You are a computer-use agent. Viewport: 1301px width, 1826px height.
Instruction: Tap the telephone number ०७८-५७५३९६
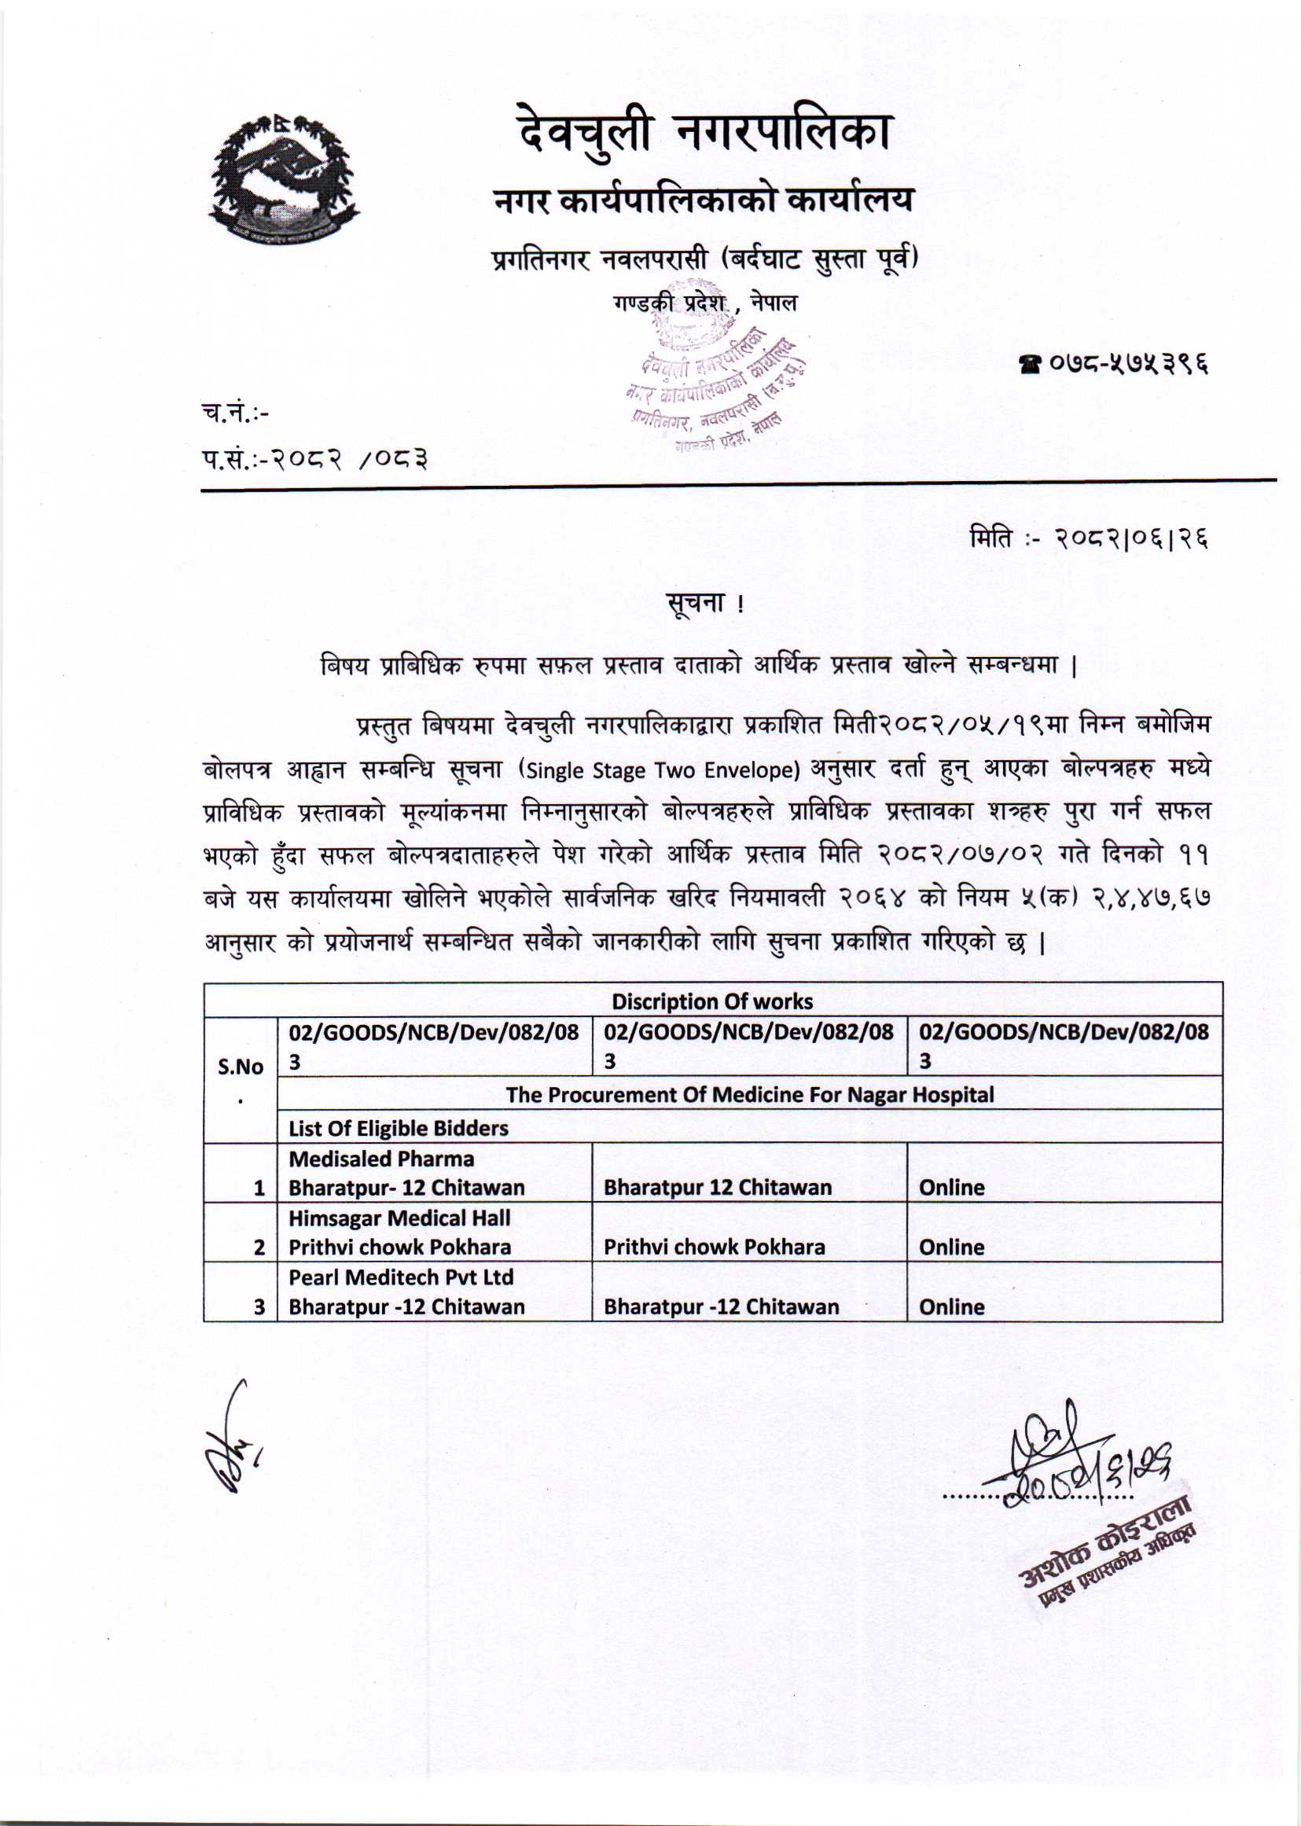click(x=1112, y=365)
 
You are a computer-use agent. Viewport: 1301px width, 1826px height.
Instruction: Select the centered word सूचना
click(x=698, y=602)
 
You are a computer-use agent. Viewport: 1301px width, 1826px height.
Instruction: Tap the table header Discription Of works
click(x=711, y=1001)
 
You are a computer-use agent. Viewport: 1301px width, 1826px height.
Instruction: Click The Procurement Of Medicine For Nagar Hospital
click(x=749, y=1094)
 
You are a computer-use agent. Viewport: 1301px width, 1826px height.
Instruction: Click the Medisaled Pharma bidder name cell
click(x=406, y=1173)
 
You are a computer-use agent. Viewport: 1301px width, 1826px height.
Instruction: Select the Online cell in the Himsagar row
click(x=951, y=1246)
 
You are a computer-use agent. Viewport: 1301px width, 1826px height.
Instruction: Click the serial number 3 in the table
click(x=259, y=1306)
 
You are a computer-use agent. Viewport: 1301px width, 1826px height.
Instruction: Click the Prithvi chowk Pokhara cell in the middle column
click(x=714, y=1246)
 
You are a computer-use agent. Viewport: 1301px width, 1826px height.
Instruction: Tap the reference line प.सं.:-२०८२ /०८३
click(x=314, y=460)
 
